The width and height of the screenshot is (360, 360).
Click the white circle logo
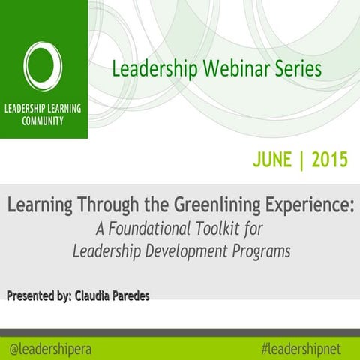pos(43,66)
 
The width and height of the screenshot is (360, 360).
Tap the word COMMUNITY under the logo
pos(43,122)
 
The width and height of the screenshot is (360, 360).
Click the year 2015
pos(331,159)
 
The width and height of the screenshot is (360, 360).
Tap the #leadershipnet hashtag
pos(306,348)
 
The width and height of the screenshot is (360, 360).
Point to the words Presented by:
pos(38,296)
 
